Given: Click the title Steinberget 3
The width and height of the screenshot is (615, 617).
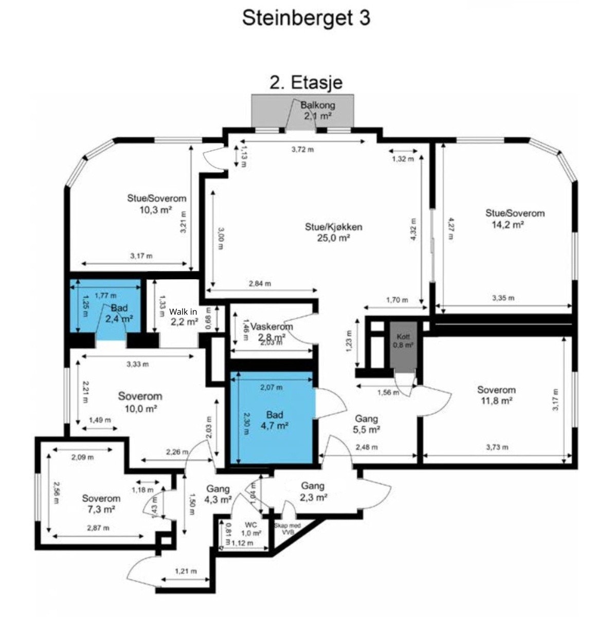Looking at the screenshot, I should (x=306, y=19).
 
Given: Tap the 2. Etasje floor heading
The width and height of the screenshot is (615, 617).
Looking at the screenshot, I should (x=306, y=82).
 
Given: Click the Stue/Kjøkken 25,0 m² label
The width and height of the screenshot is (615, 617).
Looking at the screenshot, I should (x=334, y=232).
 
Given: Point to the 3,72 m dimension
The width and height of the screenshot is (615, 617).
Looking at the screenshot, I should (x=302, y=149).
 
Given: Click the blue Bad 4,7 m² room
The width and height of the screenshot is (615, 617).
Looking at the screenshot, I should (x=273, y=419).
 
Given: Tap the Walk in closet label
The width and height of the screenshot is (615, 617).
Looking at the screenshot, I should (x=184, y=317).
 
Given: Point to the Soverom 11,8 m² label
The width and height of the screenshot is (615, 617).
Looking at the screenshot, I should (x=496, y=395).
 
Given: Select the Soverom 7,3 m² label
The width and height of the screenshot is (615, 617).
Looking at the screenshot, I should (x=101, y=503).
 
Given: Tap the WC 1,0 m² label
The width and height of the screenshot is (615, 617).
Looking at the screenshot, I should (x=251, y=529).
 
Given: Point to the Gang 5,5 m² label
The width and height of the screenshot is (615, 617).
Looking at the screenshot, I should (x=367, y=424).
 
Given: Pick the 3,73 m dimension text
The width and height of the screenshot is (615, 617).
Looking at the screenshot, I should (x=497, y=447).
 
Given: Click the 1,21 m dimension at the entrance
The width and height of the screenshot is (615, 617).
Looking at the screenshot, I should (x=186, y=571).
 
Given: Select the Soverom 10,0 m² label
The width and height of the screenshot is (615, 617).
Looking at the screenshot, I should (x=140, y=402).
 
